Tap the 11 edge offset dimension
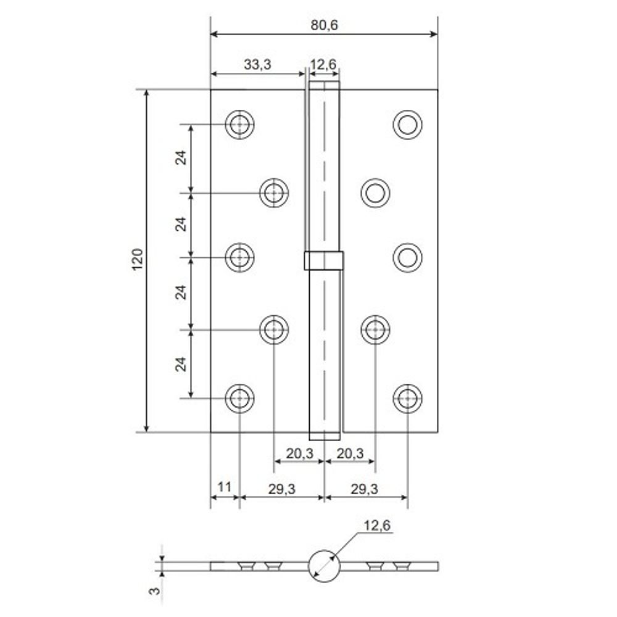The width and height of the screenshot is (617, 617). (225, 487)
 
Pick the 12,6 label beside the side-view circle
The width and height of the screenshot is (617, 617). (377, 525)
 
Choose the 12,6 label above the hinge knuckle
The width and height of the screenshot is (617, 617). (325, 64)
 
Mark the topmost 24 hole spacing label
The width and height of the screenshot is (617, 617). (181, 158)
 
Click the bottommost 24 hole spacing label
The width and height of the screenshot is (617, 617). (181, 364)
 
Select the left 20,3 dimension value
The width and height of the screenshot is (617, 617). (300, 454)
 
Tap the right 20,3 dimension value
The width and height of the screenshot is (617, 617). (350, 454)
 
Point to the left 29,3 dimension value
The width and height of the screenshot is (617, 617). (281, 488)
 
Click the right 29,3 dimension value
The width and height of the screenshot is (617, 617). (365, 488)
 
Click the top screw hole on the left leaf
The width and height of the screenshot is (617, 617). (239, 125)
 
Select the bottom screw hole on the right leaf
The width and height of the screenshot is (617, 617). (407, 398)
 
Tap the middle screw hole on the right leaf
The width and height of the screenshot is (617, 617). (407, 257)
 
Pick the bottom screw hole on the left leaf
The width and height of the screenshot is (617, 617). (239, 398)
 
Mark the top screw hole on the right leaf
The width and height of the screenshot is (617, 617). (407, 125)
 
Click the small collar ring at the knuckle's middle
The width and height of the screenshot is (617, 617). (323, 261)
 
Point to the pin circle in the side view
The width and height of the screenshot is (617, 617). (323, 566)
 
